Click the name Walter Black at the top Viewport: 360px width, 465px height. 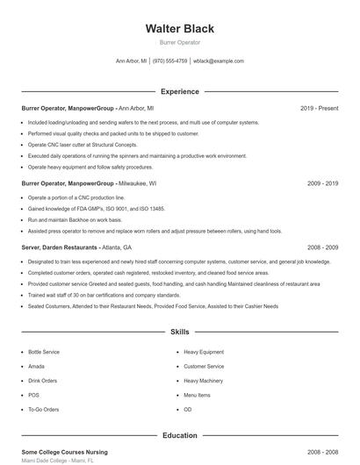(x=179, y=28)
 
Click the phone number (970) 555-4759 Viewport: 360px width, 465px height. (x=170, y=61)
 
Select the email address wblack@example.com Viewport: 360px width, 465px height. (x=219, y=61)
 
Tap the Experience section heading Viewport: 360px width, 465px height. (x=179, y=91)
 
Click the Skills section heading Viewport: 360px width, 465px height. (x=179, y=333)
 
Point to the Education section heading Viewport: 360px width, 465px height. (x=179, y=435)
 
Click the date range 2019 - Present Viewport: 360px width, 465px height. (x=319, y=108)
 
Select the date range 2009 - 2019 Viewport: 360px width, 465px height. (x=322, y=184)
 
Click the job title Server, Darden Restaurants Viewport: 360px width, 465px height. (x=60, y=247)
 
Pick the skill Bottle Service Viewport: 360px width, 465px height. (x=44, y=351)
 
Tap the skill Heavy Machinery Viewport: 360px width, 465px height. (x=203, y=381)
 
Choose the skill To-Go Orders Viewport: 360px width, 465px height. (x=43, y=410)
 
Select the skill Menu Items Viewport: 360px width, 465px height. (x=197, y=395)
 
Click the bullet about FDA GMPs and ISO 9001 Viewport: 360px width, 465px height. (x=97, y=209)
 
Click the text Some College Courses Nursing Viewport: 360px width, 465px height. (x=66, y=451)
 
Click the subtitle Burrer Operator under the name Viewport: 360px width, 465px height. (x=179, y=42)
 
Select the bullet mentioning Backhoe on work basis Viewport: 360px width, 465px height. (x=74, y=219)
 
